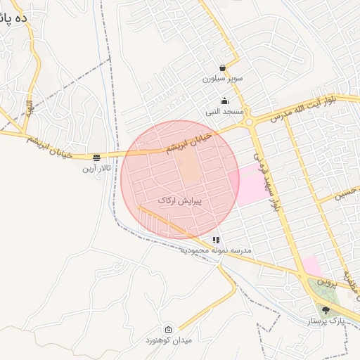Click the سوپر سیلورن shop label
coord(222,79)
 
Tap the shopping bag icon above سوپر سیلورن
coord(222,68)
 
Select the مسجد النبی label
coord(224,111)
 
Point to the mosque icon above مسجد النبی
coord(224,101)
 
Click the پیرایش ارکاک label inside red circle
coord(179,201)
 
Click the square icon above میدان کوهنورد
coord(168,329)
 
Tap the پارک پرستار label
coord(325,320)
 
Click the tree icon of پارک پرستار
coord(325,309)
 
